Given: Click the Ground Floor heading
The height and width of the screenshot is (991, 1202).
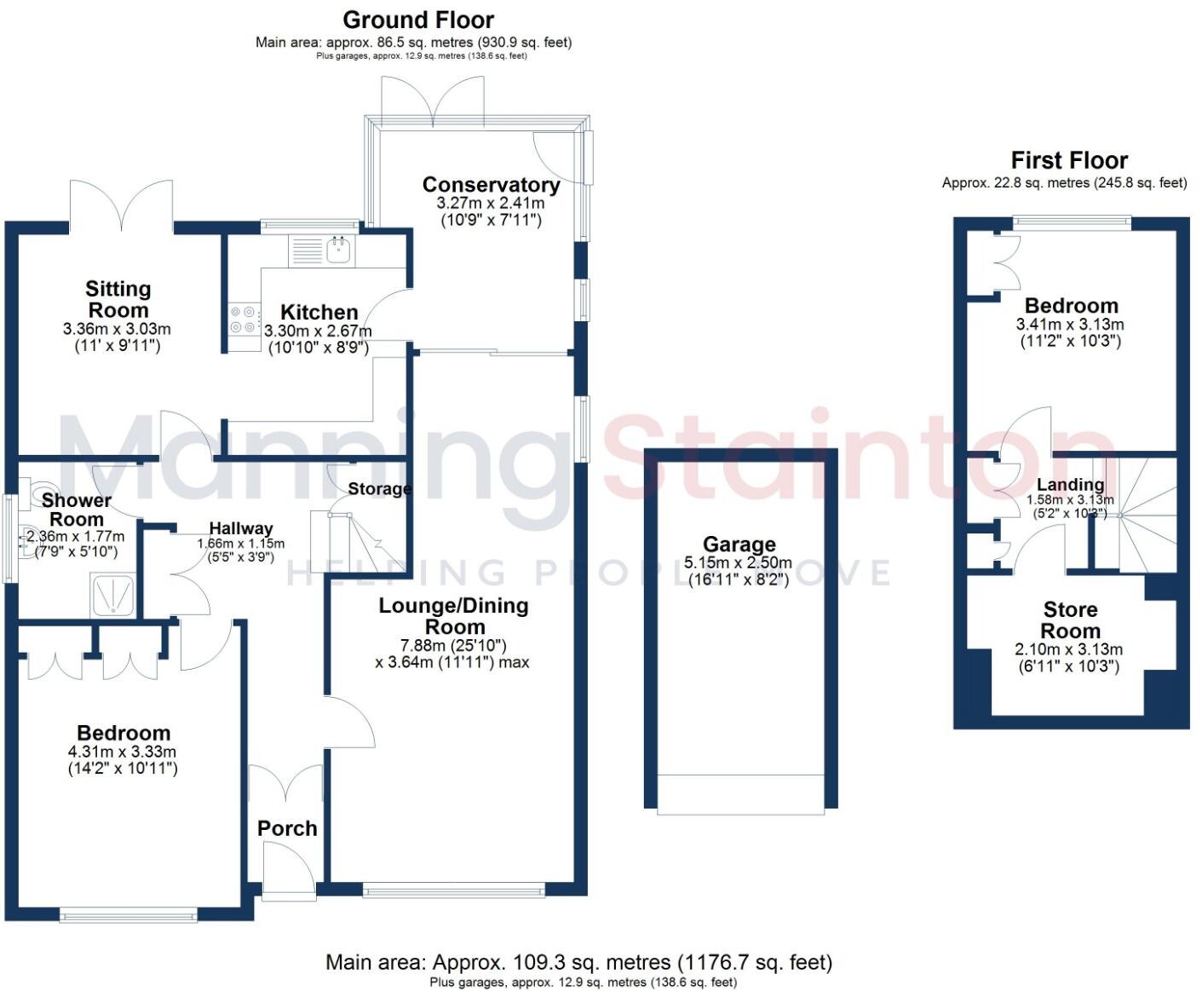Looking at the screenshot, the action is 418,20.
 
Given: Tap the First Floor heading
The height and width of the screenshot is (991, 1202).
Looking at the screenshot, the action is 1069,160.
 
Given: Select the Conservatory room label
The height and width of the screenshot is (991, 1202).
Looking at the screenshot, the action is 491,185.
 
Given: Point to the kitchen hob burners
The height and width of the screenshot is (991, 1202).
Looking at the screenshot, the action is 244,320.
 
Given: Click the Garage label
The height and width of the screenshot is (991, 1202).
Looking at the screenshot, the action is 739,544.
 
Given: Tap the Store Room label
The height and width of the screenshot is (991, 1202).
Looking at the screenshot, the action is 1070,620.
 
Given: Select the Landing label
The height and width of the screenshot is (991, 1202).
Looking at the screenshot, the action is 1070,485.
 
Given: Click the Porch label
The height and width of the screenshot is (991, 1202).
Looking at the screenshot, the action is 287,828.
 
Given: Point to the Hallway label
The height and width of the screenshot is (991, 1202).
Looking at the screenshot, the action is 241,528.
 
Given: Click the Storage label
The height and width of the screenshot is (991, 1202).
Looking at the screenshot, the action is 379,489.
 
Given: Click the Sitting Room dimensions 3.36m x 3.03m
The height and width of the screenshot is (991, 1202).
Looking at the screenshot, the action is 117,329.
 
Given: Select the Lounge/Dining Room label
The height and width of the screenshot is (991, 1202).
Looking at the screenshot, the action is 453,616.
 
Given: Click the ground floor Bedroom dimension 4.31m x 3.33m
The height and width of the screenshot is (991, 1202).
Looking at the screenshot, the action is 122,752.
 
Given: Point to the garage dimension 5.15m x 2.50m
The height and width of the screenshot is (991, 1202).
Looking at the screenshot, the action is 739,563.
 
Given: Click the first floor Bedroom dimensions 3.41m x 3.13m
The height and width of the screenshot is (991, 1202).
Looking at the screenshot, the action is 1070,325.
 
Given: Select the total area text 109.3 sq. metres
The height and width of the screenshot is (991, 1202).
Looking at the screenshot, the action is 579,963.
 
